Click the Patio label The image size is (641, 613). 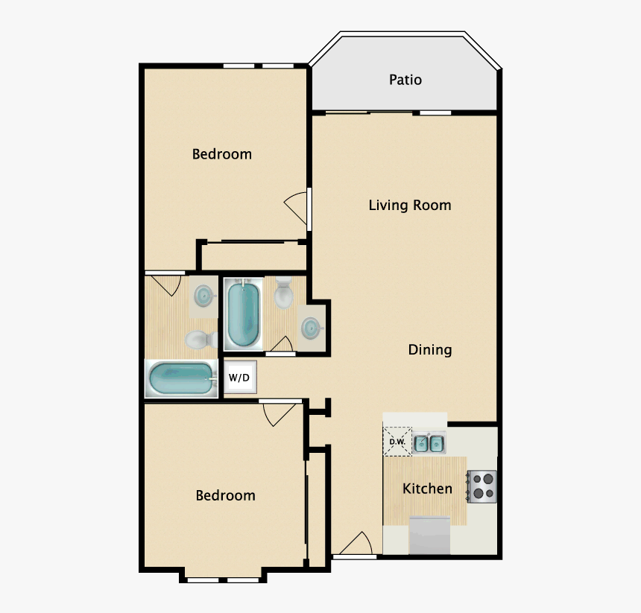405,80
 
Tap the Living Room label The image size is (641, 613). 410,205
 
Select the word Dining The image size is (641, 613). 429,349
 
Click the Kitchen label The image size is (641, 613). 427,489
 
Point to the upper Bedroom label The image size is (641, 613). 222,154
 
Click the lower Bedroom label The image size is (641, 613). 225,495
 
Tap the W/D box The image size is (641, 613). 239,378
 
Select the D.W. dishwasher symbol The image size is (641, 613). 397,441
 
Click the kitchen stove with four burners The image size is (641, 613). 481,486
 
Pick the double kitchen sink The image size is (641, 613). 429,444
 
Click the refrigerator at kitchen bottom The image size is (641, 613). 430,536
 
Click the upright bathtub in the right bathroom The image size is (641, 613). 242,314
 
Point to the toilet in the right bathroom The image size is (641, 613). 284,294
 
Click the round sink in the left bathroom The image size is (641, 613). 203,296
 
